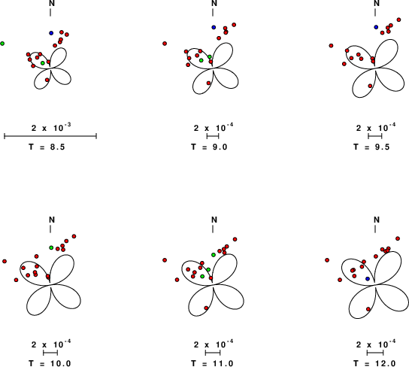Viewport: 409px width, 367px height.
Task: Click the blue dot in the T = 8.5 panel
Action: (x=51, y=33)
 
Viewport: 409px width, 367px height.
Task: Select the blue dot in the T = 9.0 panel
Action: (x=214, y=27)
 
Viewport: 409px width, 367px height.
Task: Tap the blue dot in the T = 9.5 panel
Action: (x=376, y=27)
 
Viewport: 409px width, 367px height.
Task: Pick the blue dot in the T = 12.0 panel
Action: (x=368, y=279)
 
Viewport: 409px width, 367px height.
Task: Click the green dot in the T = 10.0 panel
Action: (x=51, y=247)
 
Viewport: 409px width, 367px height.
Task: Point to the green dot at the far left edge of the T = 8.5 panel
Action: (x=2, y=44)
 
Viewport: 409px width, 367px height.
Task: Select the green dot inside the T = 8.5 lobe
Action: (x=43, y=63)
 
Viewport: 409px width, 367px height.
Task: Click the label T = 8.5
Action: (x=47, y=147)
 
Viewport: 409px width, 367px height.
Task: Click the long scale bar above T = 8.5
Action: (x=50, y=136)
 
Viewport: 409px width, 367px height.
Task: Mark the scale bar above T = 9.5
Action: (x=375, y=136)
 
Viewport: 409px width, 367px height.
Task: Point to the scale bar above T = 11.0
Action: (x=213, y=353)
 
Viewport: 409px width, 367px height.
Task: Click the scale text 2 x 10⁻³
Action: (x=51, y=128)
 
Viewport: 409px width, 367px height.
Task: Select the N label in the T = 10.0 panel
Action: (x=52, y=220)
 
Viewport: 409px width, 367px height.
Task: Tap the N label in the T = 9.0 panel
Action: (x=214, y=3)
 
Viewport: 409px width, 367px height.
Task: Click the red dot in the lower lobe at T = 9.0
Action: (x=209, y=83)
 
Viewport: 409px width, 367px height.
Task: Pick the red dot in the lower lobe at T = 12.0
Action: (x=368, y=309)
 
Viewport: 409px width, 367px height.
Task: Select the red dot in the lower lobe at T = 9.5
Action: (x=370, y=86)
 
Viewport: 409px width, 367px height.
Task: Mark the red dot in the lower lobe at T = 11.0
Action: (x=206, y=308)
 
